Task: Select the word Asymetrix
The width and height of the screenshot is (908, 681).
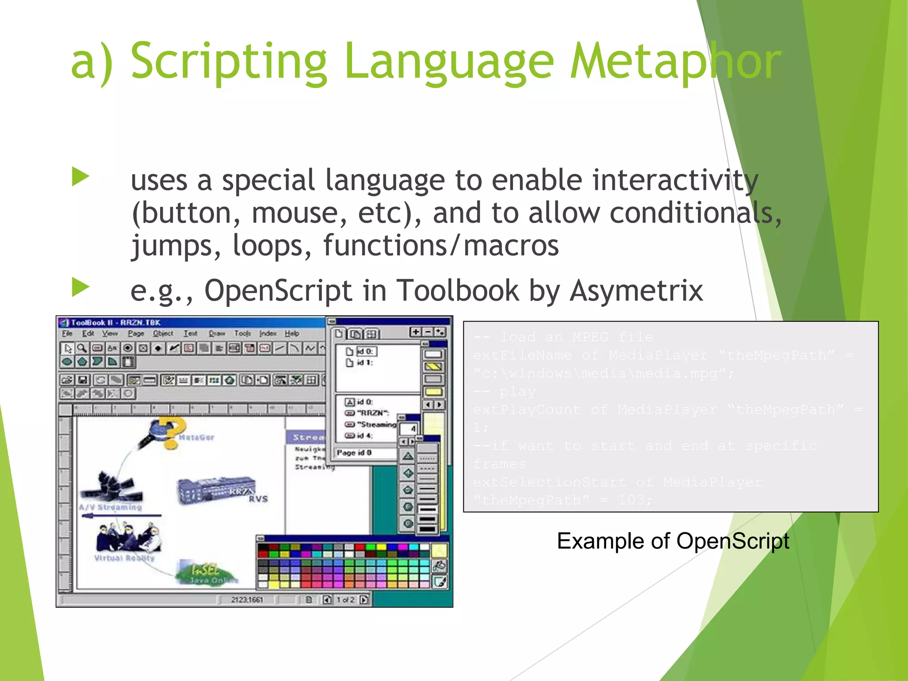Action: [636, 291]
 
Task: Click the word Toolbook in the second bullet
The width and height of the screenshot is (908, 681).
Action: [457, 291]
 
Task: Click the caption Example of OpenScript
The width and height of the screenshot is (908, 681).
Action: [673, 541]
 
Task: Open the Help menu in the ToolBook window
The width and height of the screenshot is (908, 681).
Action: [292, 333]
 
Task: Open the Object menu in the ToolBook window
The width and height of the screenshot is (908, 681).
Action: [163, 333]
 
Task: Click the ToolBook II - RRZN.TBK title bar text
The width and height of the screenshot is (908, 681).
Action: [116, 323]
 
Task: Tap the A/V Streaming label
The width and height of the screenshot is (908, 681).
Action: [111, 507]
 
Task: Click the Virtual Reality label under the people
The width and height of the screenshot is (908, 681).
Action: [124, 558]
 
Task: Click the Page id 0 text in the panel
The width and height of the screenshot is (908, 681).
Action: [354, 453]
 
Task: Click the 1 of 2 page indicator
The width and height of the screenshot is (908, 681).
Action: [345, 600]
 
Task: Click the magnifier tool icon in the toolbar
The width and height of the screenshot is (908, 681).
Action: [82, 348]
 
